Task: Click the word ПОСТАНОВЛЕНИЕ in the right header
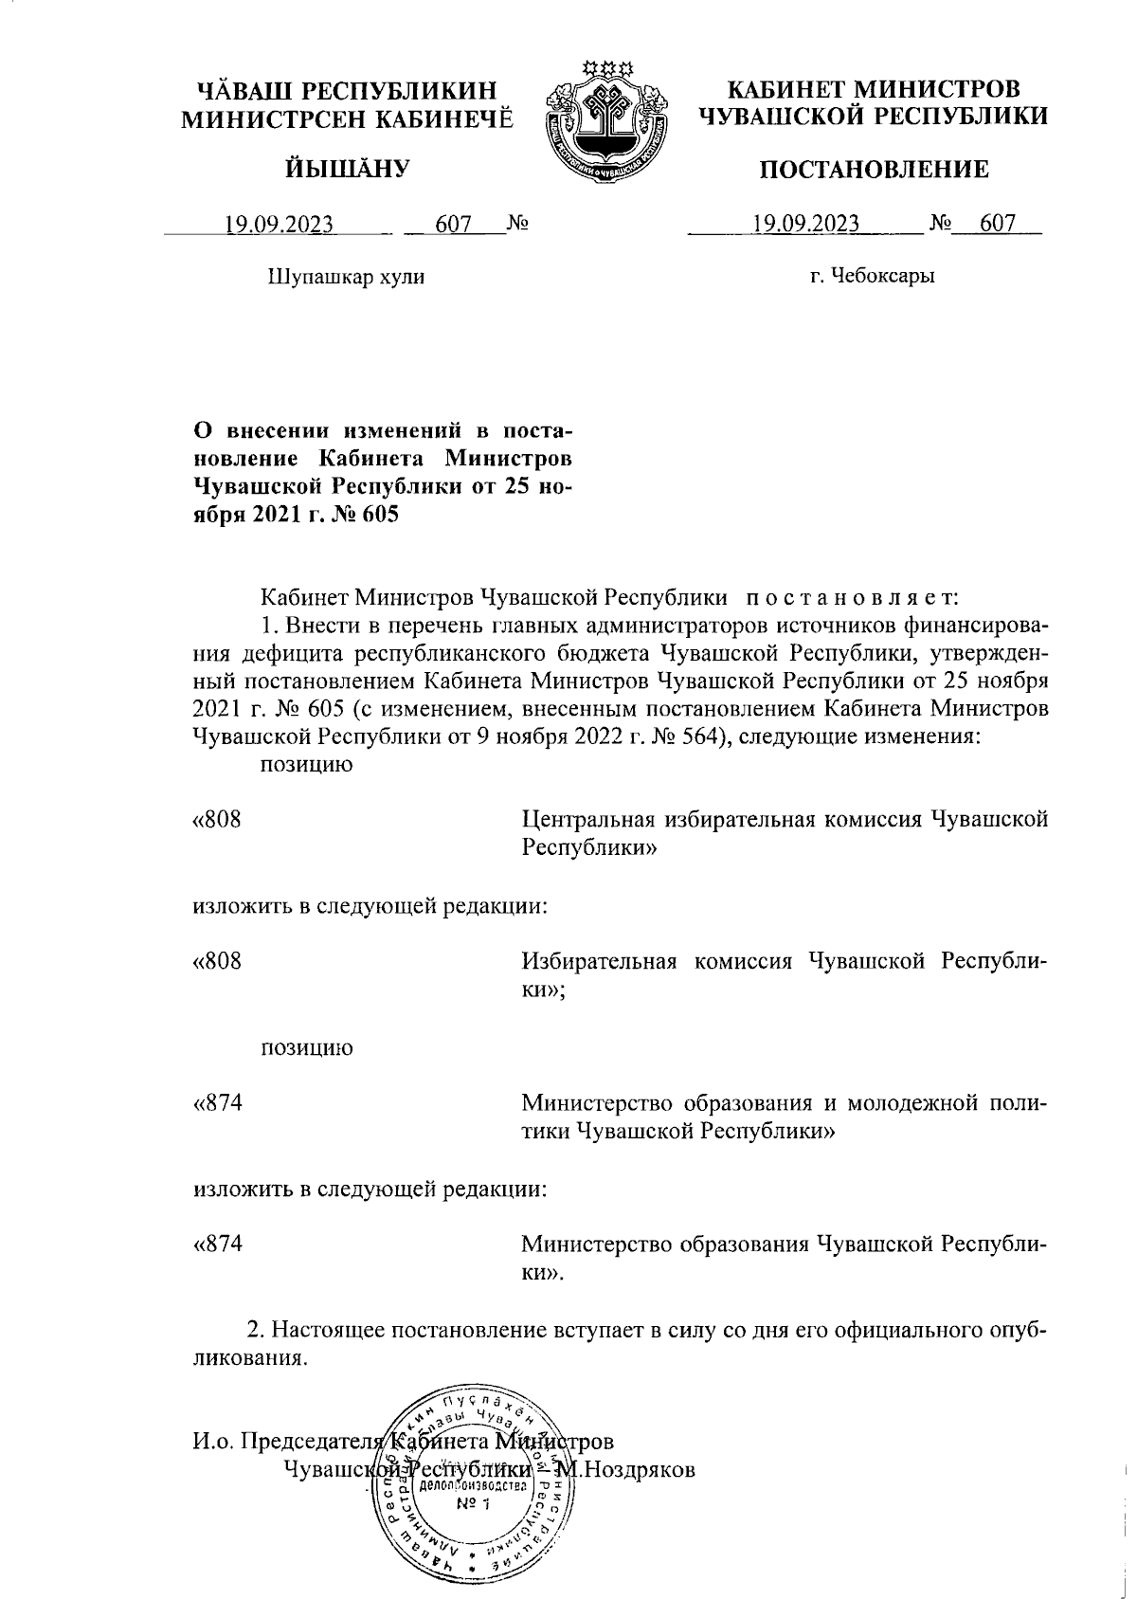(x=873, y=170)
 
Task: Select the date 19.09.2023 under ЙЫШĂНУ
(x=279, y=226)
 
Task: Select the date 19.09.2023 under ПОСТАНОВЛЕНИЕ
(x=805, y=225)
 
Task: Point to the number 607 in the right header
(x=997, y=225)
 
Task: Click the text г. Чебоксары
(x=873, y=277)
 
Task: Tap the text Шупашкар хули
(x=347, y=277)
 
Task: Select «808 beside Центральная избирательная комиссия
(x=217, y=820)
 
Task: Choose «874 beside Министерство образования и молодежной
(x=217, y=1103)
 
